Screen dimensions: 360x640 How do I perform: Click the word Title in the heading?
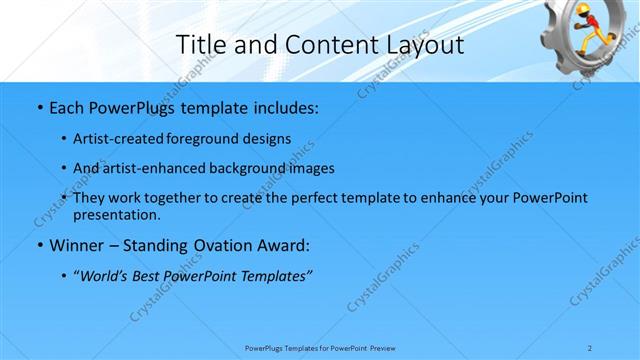pos(200,44)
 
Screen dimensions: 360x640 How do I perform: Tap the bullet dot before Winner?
pos(39,245)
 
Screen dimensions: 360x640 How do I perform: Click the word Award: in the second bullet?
pos(284,245)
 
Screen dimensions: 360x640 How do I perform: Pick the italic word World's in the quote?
pos(107,275)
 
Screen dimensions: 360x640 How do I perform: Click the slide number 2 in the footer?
pos(590,347)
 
